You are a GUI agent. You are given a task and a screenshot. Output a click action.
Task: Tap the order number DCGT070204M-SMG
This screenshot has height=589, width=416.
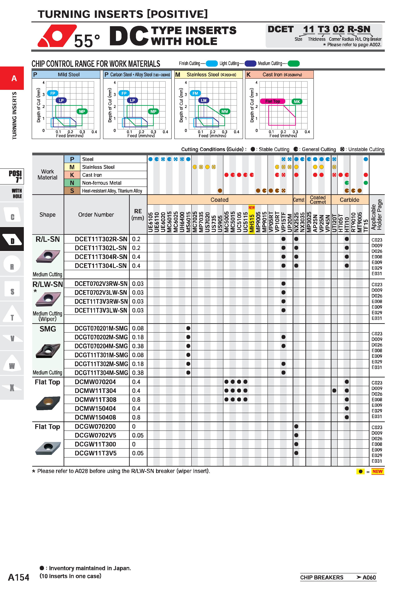(101, 346)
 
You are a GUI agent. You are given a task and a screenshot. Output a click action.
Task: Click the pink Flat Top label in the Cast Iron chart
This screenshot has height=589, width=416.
(273, 101)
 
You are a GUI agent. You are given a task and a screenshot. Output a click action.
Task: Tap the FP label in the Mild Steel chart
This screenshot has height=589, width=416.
(53, 93)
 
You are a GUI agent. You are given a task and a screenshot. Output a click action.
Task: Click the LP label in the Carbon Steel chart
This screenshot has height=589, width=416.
(132, 100)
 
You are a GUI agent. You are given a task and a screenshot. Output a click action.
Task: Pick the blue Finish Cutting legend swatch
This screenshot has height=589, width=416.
(212, 63)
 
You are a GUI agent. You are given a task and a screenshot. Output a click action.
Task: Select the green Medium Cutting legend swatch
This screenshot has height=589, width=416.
(294, 63)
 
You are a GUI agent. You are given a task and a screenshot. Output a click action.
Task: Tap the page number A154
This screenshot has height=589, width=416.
(19, 577)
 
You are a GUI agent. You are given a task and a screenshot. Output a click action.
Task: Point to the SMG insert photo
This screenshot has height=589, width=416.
(48, 350)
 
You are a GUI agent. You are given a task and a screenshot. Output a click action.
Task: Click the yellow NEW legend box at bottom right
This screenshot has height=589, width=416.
(378, 471)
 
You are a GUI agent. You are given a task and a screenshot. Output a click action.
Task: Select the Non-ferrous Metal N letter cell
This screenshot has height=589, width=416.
(72, 183)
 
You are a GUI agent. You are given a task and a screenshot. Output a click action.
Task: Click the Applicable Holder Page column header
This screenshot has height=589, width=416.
(377, 214)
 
